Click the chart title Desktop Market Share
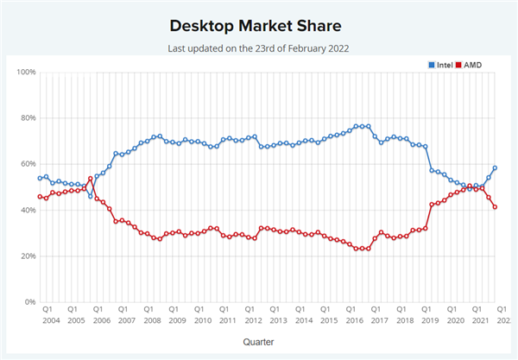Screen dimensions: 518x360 click(x=256, y=26)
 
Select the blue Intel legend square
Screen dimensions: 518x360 click(x=432, y=65)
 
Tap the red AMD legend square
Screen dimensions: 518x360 click(x=458, y=65)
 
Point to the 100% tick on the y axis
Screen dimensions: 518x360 click(x=26, y=72)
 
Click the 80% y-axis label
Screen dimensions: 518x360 click(x=27, y=118)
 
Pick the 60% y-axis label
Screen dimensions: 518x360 click(x=27, y=164)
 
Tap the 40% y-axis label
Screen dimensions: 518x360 click(x=27, y=210)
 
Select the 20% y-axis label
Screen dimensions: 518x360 click(x=27, y=256)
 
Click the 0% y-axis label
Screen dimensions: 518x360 click(x=29, y=302)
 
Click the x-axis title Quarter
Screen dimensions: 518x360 click(x=258, y=342)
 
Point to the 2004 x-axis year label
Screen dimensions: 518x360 click(x=51, y=320)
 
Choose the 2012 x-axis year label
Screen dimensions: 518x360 click(x=253, y=320)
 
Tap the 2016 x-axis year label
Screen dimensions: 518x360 click(x=355, y=320)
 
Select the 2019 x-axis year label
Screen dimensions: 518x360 click(x=430, y=320)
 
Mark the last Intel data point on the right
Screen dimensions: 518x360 click(x=495, y=167)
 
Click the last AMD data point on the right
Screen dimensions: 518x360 click(x=495, y=207)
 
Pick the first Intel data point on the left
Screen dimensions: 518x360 click(x=40, y=178)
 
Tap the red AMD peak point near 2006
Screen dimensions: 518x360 click(x=91, y=179)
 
